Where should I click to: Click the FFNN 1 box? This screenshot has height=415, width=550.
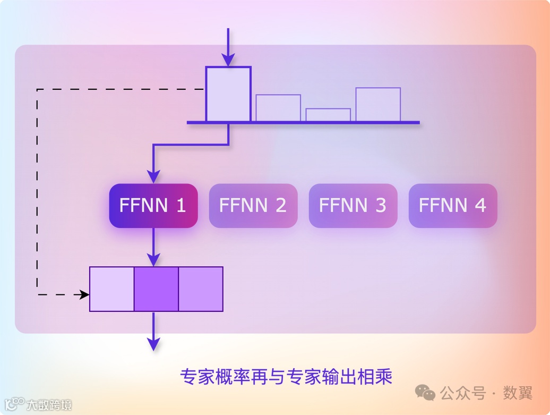pos(153,206)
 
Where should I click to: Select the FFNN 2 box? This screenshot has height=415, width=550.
pos(253,206)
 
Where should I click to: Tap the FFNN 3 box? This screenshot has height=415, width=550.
pos(353,206)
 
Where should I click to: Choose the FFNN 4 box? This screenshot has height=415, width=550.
pos(452,206)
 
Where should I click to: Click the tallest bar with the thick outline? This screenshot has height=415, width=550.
pos(228,95)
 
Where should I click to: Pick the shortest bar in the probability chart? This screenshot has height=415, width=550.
pos(328,115)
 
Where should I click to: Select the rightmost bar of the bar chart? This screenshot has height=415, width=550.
pos(378,105)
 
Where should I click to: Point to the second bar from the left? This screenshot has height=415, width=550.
pos(278,108)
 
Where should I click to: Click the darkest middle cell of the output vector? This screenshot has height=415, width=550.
pos(156,289)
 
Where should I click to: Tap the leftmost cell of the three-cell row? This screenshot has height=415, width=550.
pos(111,289)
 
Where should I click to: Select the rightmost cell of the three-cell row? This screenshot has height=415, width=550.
pos(201,289)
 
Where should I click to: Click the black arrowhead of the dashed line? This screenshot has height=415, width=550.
pos(84,294)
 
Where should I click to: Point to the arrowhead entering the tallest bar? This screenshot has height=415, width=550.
pos(228,60)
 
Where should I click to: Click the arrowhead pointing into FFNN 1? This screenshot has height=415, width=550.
pos(153,176)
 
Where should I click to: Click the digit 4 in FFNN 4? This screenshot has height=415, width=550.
pos(480,206)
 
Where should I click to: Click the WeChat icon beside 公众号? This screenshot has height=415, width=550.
pos(425,393)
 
